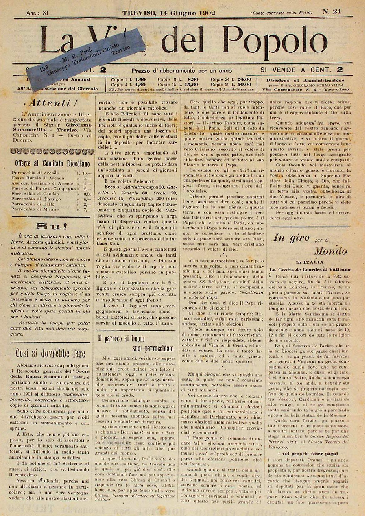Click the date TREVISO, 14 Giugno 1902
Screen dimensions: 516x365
click(x=169, y=13)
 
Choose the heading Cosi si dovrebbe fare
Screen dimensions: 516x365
click(x=50, y=353)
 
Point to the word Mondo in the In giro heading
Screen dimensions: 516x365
click(x=330, y=251)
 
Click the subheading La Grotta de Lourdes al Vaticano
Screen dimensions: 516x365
click(x=310, y=269)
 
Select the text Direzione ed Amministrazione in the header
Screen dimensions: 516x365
click(x=305, y=80)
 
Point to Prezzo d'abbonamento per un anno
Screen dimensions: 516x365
click(x=182, y=71)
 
